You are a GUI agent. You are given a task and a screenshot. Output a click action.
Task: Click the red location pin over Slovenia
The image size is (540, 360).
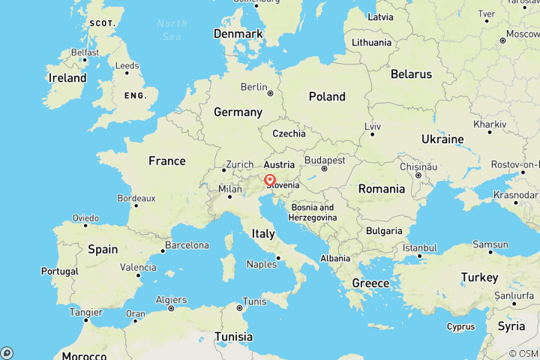[x=269, y=180]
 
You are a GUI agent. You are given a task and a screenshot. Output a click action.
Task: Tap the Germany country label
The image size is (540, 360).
[x=238, y=112]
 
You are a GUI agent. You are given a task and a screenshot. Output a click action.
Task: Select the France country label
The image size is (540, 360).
[x=166, y=160]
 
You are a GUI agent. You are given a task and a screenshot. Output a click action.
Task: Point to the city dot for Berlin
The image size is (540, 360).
[x=269, y=94]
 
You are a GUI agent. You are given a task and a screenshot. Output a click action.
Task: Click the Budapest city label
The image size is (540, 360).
[x=324, y=160]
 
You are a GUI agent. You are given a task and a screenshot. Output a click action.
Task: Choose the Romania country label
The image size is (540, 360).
[x=381, y=188]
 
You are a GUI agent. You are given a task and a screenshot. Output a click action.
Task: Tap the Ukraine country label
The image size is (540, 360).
[x=442, y=139]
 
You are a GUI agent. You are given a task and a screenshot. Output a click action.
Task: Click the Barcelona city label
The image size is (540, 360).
[x=187, y=245]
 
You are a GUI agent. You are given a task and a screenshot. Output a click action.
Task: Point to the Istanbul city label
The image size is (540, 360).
[x=419, y=247]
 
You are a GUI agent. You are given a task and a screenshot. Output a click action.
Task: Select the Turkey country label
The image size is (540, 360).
[x=479, y=277]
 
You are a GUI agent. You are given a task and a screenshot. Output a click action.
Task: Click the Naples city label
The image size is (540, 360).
[x=262, y=264]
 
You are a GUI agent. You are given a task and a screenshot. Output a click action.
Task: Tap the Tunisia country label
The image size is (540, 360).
[x=232, y=336]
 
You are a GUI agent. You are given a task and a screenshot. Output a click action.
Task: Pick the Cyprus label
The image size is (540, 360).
[x=460, y=326]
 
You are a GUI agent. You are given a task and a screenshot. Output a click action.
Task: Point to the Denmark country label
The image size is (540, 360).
[x=238, y=34]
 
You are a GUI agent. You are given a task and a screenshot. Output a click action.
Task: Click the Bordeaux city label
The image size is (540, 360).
[x=136, y=199]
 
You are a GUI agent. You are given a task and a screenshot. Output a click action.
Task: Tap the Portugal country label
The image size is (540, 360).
[x=60, y=271]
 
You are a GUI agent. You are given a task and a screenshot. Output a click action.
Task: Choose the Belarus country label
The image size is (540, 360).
[x=411, y=74]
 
